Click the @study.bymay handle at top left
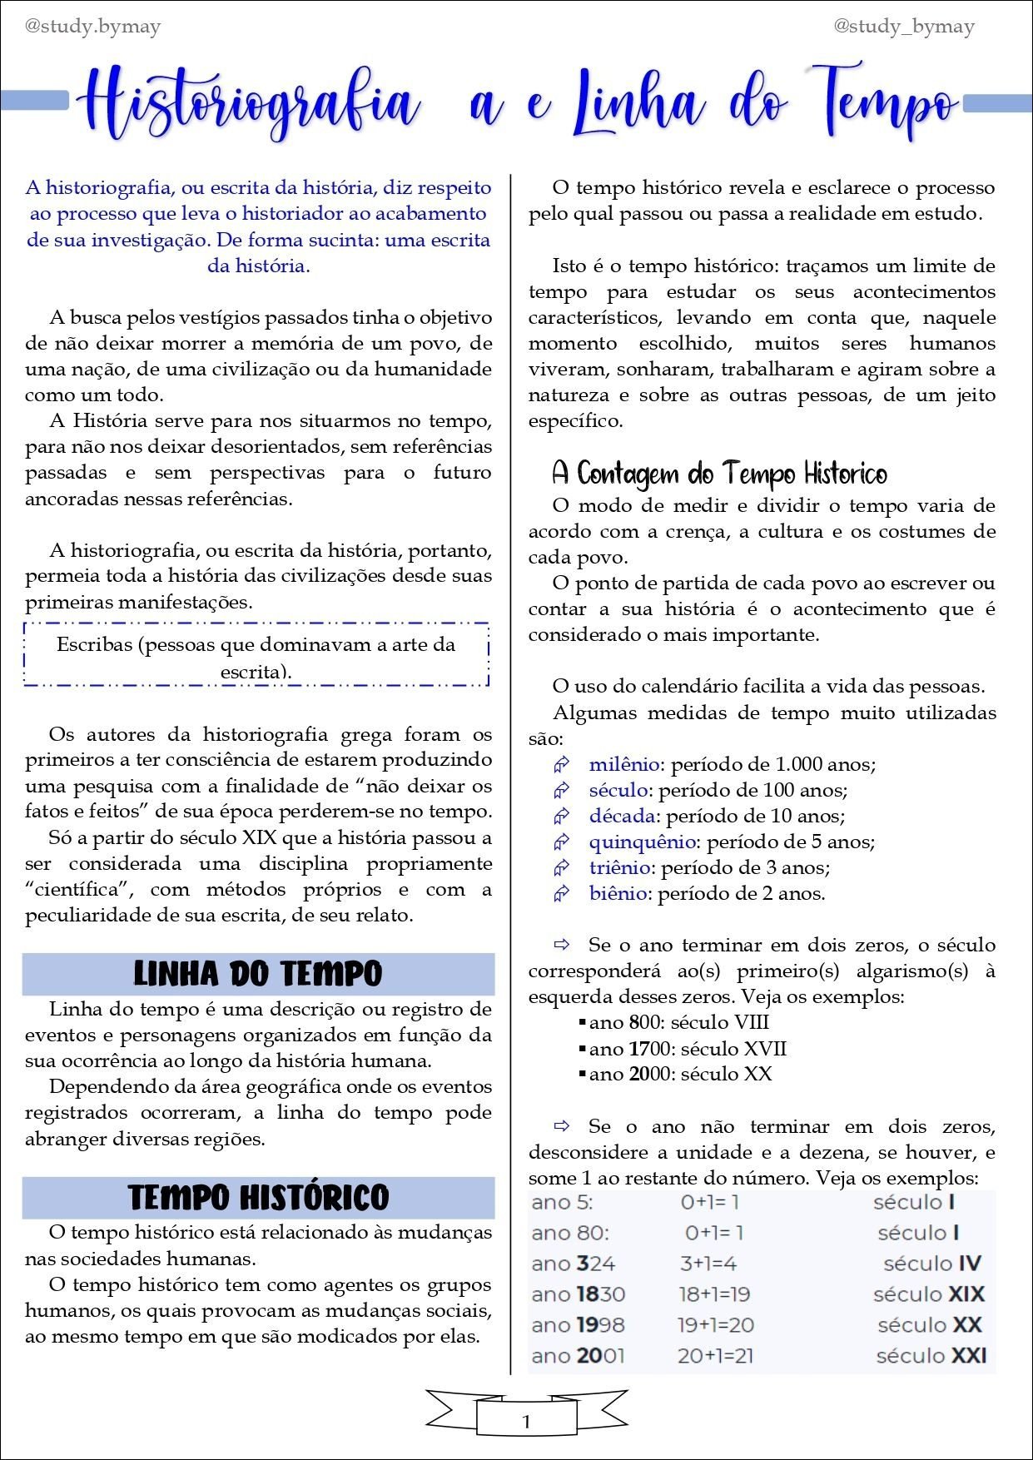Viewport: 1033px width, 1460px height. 92,27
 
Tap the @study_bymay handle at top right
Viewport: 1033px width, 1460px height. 904,27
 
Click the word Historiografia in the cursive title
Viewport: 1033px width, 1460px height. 250,104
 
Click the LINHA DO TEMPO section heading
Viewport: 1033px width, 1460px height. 258,974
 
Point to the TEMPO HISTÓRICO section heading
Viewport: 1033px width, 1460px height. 258,1198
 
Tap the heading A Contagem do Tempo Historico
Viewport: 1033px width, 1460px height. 719,474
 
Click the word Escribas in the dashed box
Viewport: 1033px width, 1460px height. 94,644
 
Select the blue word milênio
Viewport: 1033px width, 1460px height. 624,764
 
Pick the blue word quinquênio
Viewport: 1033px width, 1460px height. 642,842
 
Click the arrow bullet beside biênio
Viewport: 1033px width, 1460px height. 562,894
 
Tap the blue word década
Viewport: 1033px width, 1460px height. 622,816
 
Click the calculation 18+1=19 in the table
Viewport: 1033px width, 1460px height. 714,1294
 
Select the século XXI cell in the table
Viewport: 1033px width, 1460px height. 931,1356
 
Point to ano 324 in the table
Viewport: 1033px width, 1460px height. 573,1264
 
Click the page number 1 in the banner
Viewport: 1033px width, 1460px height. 526,1422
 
